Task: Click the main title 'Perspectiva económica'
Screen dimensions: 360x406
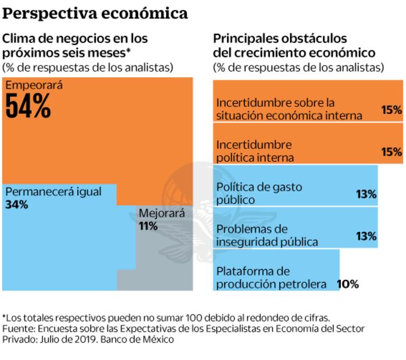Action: coord(96,12)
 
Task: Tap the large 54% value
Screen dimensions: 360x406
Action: coord(28,106)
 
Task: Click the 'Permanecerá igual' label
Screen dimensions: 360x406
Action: coord(53,192)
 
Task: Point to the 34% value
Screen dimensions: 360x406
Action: coord(16,204)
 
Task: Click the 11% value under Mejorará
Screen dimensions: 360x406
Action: coord(148,226)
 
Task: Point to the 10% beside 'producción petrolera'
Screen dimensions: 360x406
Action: coord(348,284)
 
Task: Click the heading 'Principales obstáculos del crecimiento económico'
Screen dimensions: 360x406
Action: coord(294,46)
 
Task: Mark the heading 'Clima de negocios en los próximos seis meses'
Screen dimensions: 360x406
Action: coord(76,46)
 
